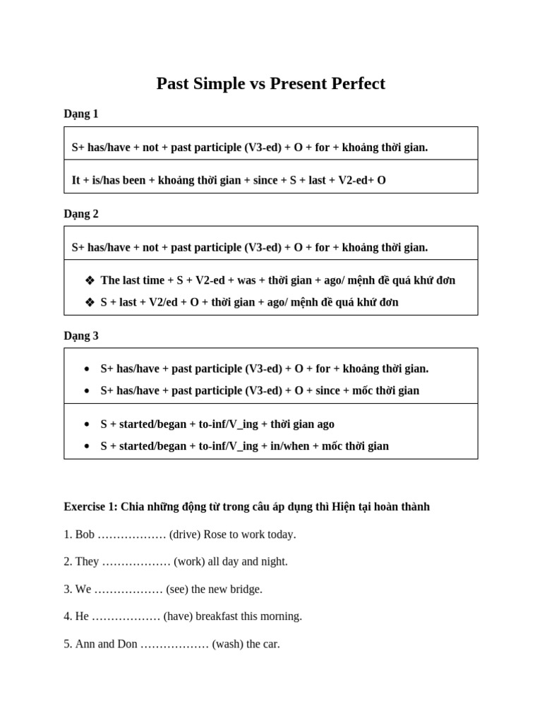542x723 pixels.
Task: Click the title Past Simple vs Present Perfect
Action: pyautogui.click(x=270, y=84)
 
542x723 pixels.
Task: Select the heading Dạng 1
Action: pyautogui.click(x=81, y=114)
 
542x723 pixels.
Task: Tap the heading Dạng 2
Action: pyautogui.click(x=81, y=213)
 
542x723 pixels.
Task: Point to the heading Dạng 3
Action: pyautogui.click(x=81, y=335)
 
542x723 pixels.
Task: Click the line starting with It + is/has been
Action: pyautogui.click(x=229, y=180)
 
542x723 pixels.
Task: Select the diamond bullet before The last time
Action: pyautogui.click(x=90, y=280)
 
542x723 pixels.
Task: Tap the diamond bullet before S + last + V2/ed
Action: pyautogui.click(x=90, y=302)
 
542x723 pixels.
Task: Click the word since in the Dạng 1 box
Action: pyautogui.click(x=265, y=180)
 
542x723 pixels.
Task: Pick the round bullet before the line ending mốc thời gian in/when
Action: pyautogui.click(x=87, y=446)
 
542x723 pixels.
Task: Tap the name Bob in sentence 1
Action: pyautogui.click(x=85, y=534)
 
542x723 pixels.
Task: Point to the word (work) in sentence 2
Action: pyautogui.click(x=189, y=561)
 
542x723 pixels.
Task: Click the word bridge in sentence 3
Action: pyautogui.click(x=246, y=589)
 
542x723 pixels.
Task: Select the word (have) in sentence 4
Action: pyautogui.click(x=178, y=616)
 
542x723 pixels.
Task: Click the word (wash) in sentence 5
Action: pyautogui.click(x=228, y=644)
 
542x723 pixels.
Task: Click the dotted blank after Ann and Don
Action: pyautogui.click(x=174, y=644)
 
